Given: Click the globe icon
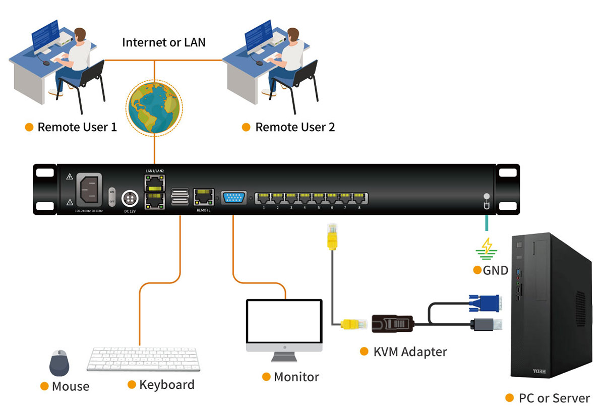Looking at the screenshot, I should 154,109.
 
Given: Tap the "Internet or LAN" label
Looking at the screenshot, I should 164,42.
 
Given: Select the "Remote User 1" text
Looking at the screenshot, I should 77,127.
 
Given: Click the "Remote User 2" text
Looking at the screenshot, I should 295,127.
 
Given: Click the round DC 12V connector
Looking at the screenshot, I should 130,198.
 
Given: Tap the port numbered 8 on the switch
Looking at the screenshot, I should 359,198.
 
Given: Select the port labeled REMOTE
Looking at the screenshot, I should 204,197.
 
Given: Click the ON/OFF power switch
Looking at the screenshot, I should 112,196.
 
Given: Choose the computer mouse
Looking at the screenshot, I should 59,362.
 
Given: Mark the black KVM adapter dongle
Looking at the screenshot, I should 393,324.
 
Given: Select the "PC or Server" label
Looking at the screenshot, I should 554,398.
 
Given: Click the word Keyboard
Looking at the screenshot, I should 166,385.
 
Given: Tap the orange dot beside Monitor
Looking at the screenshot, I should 266,377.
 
